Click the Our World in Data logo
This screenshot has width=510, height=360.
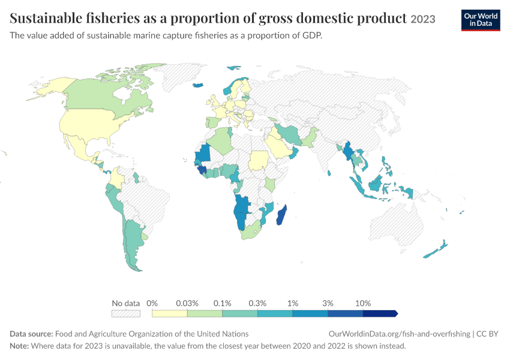[x=481, y=20]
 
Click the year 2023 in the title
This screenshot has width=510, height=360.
[x=423, y=19]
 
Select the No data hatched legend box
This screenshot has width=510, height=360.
[x=126, y=313]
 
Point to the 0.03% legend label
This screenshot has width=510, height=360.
[x=187, y=304]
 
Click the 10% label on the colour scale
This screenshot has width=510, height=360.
[x=362, y=304]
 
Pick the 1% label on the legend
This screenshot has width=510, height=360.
[x=293, y=304]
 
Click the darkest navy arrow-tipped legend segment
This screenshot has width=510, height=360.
[x=380, y=313]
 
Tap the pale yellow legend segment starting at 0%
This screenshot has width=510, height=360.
[x=169, y=313]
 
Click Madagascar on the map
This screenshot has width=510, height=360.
[x=281, y=215]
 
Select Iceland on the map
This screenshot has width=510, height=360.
[x=198, y=85]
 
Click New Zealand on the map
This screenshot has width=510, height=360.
[x=436, y=250]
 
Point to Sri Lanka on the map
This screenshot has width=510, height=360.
[x=329, y=173]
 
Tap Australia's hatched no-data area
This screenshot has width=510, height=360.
[x=395, y=224]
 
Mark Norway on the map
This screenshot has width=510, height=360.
[x=229, y=88]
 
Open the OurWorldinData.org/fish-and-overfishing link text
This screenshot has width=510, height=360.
[x=400, y=334]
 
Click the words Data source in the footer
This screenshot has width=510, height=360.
[x=31, y=334]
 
